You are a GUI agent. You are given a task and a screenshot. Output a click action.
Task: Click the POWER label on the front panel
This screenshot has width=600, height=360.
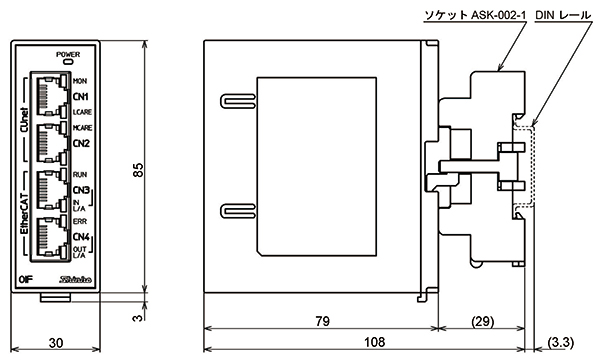[x=69, y=53]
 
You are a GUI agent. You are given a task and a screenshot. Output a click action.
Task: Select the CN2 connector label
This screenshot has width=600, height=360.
[x=81, y=143]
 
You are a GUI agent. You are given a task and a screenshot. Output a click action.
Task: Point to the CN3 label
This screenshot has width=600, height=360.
[x=81, y=190]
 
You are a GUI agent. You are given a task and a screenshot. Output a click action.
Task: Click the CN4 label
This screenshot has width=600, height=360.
[x=81, y=237]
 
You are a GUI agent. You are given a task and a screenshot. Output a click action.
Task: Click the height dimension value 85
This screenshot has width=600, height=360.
[x=138, y=171]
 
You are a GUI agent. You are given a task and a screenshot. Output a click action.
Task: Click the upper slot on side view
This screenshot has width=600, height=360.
[x=234, y=100]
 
